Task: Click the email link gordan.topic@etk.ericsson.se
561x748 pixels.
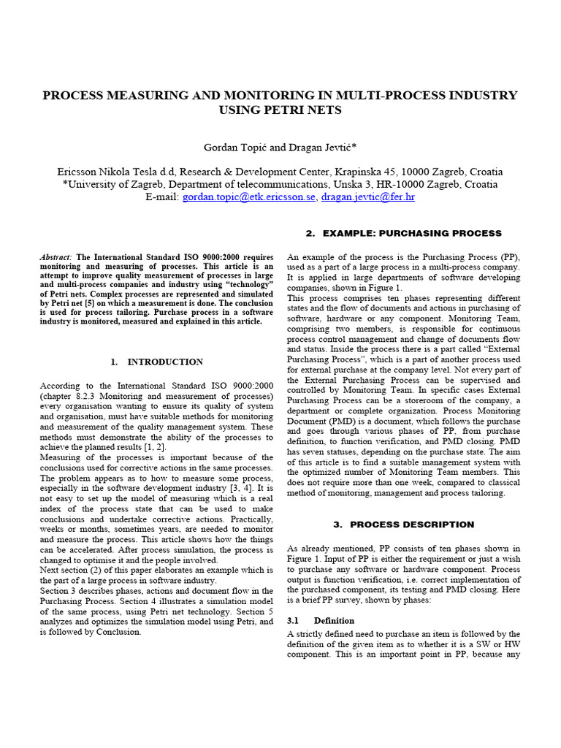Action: pos(248,197)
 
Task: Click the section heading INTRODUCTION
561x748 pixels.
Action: pos(165,362)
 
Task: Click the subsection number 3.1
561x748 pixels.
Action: pos(294,620)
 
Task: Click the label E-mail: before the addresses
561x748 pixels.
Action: pos(162,197)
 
